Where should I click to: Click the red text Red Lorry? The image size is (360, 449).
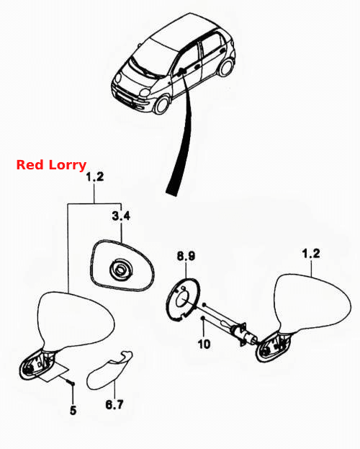(x=51, y=165)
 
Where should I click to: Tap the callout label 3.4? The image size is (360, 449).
(x=121, y=215)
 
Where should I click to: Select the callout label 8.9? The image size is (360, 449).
(x=186, y=256)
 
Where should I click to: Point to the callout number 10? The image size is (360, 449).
(x=204, y=344)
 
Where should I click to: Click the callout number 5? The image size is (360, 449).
(x=73, y=410)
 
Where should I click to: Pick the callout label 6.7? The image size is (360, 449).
(x=114, y=404)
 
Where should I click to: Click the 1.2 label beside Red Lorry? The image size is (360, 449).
(x=95, y=177)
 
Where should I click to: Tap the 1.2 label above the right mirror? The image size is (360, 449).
(x=311, y=254)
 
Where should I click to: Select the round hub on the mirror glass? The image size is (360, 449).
(x=121, y=270)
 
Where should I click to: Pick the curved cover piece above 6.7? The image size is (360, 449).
(x=109, y=371)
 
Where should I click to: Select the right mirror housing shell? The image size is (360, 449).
(x=312, y=303)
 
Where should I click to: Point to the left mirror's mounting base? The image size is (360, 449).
(x=37, y=364)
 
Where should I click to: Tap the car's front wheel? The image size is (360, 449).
(x=162, y=105)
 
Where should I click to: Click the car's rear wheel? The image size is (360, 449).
(x=226, y=67)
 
